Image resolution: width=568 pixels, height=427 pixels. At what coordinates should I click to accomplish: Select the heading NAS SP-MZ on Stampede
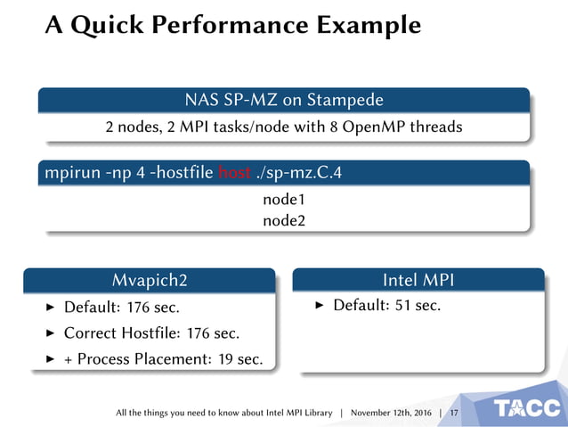tap(283, 99)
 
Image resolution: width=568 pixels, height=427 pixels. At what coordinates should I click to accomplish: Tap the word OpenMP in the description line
tap(377, 127)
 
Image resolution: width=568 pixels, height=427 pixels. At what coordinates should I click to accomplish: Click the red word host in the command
tap(235, 172)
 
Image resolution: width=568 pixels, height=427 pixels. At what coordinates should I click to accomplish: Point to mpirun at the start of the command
tap(70, 172)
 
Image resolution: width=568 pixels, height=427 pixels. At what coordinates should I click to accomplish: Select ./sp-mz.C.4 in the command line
tap(298, 172)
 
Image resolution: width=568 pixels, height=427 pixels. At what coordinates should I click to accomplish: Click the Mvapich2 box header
tap(150, 281)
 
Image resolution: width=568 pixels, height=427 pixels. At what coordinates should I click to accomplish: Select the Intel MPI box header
tap(418, 281)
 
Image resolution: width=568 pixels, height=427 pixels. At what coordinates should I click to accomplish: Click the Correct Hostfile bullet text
tap(151, 333)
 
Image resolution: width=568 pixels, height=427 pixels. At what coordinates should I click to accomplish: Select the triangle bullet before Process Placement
tap(50, 359)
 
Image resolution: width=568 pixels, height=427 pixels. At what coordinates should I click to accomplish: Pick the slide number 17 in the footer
tap(454, 414)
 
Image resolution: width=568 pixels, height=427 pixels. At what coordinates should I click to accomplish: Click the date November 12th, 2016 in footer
tap(391, 414)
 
